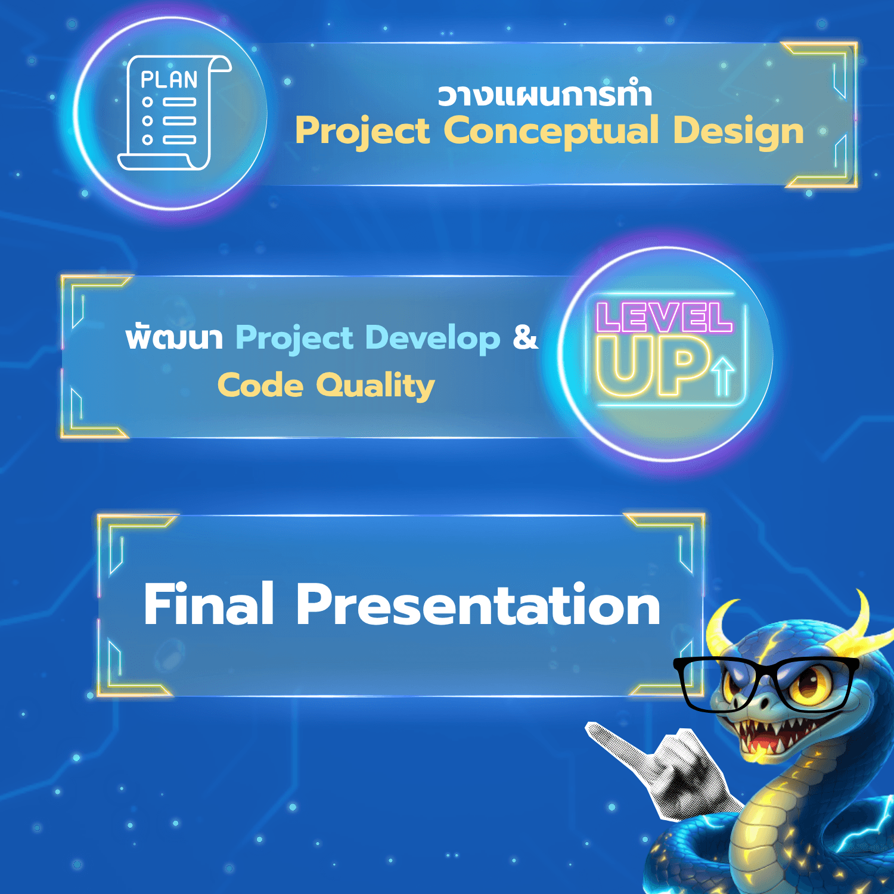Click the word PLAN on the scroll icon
[x=169, y=79]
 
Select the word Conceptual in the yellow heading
[x=551, y=132]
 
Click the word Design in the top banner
[x=738, y=132]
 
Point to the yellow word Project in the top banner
[x=362, y=132]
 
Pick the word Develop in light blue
[x=433, y=338]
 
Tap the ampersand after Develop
[x=525, y=337]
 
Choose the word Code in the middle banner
[x=260, y=385]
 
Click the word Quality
[x=375, y=386]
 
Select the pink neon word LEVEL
[x=664, y=317]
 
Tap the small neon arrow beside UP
[x=724, y=376]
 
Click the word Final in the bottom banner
[x=209, y=604]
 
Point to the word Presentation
[x=478, y=604]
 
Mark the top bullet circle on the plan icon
[x=147, y=102]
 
